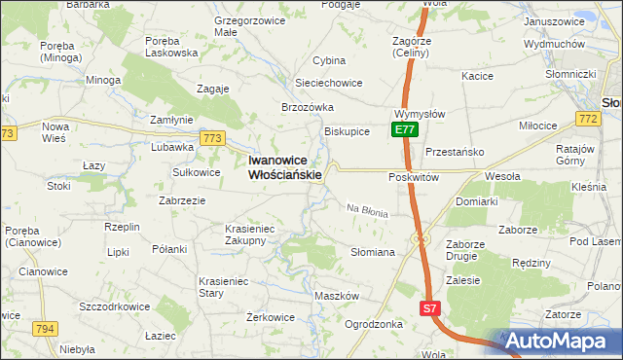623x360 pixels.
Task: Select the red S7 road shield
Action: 430,308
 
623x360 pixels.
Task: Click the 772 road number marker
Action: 586,119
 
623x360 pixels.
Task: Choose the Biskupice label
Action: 347,132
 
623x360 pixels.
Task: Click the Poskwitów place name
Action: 415,177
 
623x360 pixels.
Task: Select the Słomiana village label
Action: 372,252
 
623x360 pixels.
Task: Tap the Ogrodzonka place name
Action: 374,324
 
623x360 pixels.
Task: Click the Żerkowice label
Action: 271,317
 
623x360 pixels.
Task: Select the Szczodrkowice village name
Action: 115,306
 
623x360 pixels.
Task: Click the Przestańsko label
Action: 455,152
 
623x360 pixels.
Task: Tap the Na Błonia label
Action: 368,210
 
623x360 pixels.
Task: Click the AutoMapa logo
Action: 559,341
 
